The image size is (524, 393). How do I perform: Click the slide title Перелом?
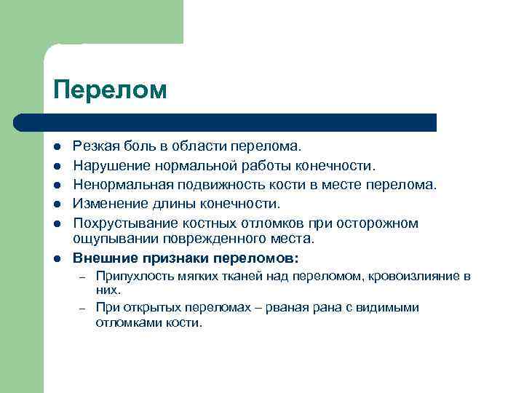[110, 90]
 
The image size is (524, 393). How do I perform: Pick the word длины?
[167, 204]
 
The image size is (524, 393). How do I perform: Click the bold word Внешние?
[103, 258]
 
